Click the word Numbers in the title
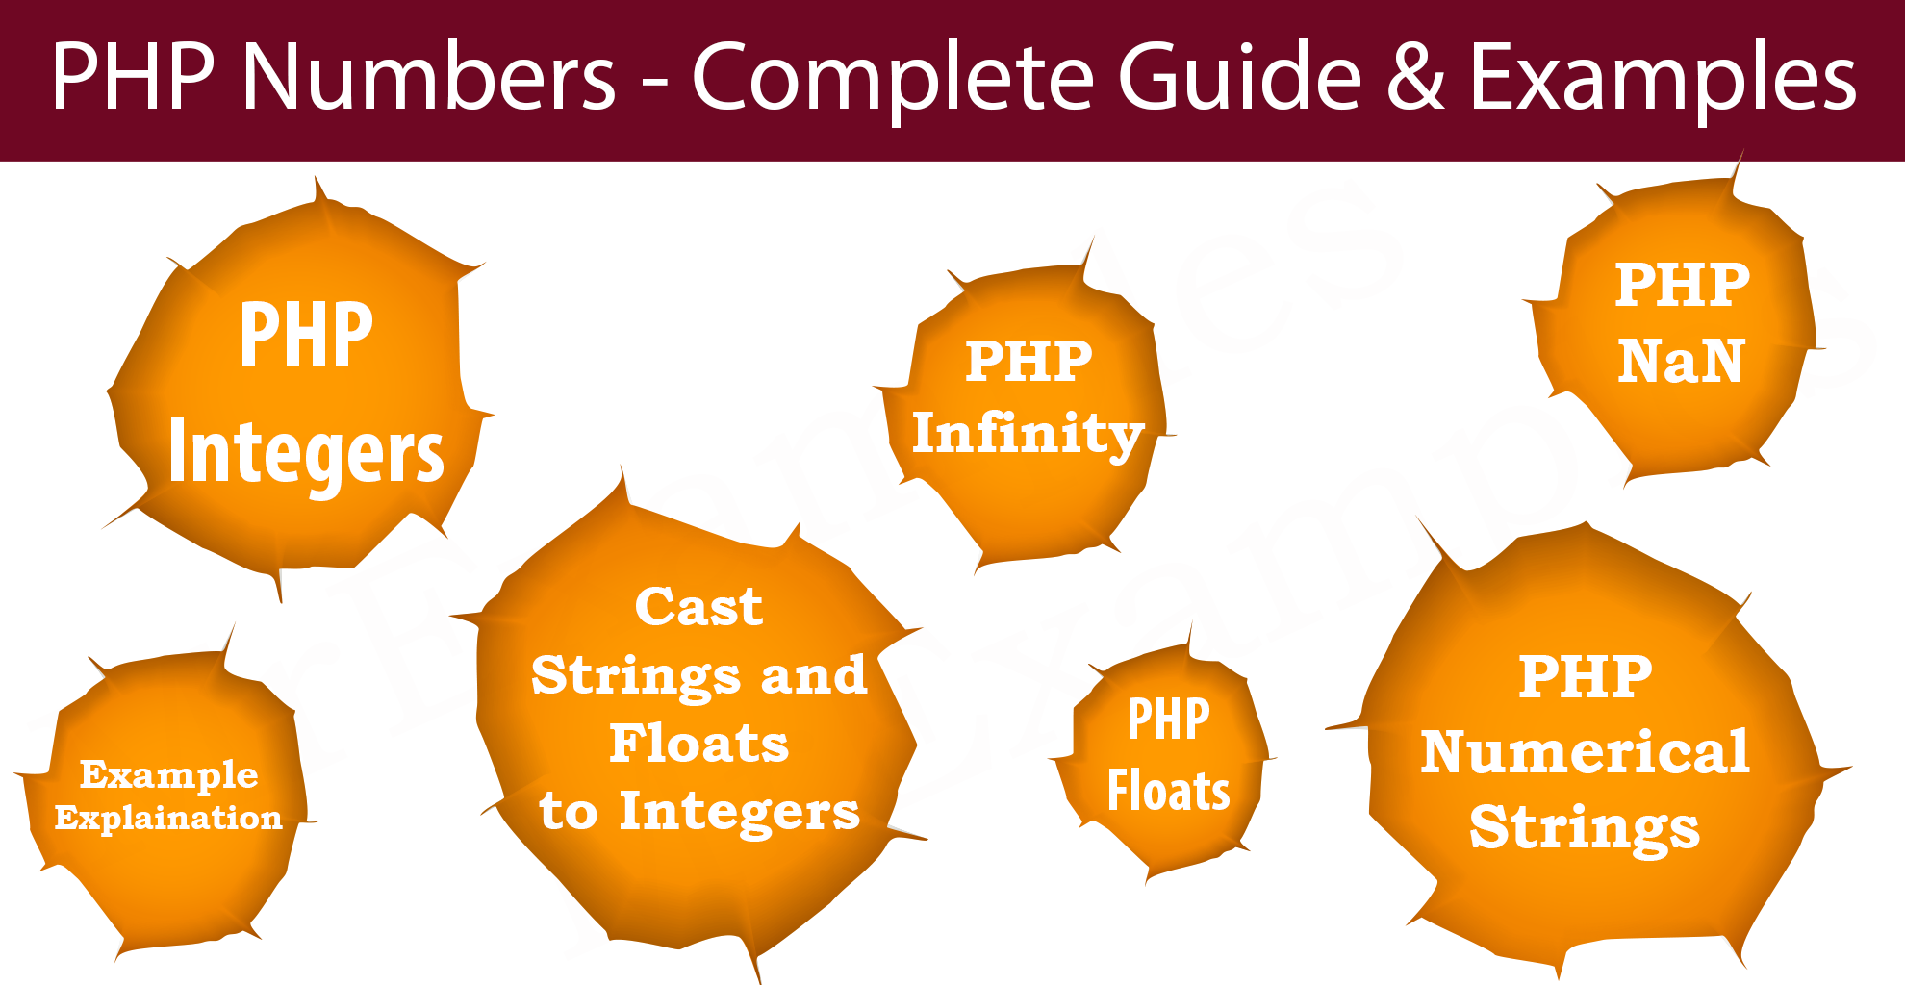(428, 77)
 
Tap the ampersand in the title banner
(1415, 77)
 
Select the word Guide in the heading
(1240, 77)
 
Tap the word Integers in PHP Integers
(306, 453)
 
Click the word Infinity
(1028, 435)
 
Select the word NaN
(1680, 362)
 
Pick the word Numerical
(1585, 751)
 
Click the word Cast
(698, 607)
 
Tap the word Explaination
(168, 818)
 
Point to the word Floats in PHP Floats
(1168, 791)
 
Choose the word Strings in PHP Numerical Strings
(1585, 829)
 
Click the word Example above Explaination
(168, 774)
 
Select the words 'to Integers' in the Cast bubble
(699, 813)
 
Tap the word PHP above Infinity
(1029, 362)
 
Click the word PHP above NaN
(1682, 285)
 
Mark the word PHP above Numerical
(1585, 676)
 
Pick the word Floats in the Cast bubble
(699, 744)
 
